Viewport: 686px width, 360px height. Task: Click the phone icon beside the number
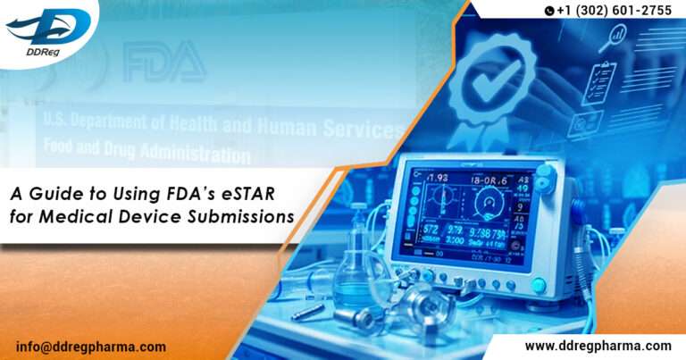point(548,11)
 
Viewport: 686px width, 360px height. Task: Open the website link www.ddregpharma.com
point(598,346)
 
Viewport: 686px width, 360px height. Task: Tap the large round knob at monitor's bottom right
point(538,285)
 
